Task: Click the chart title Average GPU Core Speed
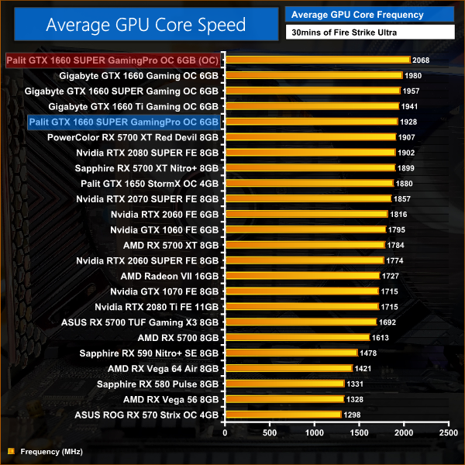click(x=146, y=25)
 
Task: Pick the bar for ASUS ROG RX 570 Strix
click(x=283, y=415)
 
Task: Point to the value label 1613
click(x=381, y=338)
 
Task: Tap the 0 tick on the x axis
click(x=225, y=433)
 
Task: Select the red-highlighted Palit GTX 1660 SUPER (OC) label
click(x=113, y=60)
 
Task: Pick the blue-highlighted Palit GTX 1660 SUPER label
click(x=124, y=122)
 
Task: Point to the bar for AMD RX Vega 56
click(x=284, y=399)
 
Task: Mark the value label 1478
click(x=369, y=353)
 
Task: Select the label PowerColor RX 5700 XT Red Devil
click(x=133, y=137)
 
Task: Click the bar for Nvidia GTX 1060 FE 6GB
click(x=305, y=229)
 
